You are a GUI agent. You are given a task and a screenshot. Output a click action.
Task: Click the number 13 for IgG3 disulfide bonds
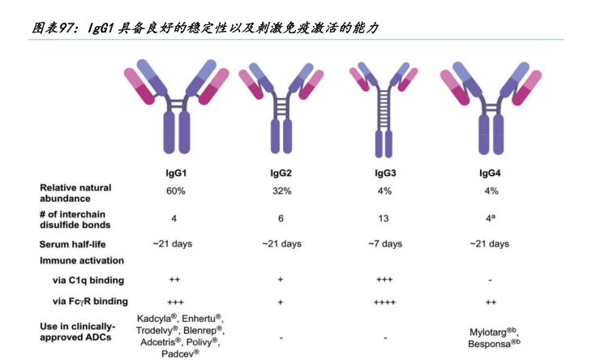point(384,218)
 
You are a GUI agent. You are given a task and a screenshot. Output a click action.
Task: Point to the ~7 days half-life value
point(384,244)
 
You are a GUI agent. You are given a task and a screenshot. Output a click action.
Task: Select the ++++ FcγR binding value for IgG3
point(384,302)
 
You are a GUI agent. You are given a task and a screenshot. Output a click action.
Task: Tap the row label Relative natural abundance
point(76,192)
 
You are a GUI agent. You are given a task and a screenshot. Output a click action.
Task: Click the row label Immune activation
point(82,261)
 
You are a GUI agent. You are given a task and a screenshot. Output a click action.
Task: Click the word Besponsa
point(489,344)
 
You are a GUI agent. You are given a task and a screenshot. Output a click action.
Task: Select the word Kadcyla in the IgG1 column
point(154,319)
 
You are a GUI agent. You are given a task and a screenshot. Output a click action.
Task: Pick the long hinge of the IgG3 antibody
point(384,114)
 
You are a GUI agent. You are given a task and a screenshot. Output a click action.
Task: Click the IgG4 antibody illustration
point(490,105)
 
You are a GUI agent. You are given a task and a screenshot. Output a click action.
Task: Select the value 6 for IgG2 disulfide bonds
point(281,218)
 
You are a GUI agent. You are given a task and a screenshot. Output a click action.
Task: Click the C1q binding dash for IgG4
point(490,281)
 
